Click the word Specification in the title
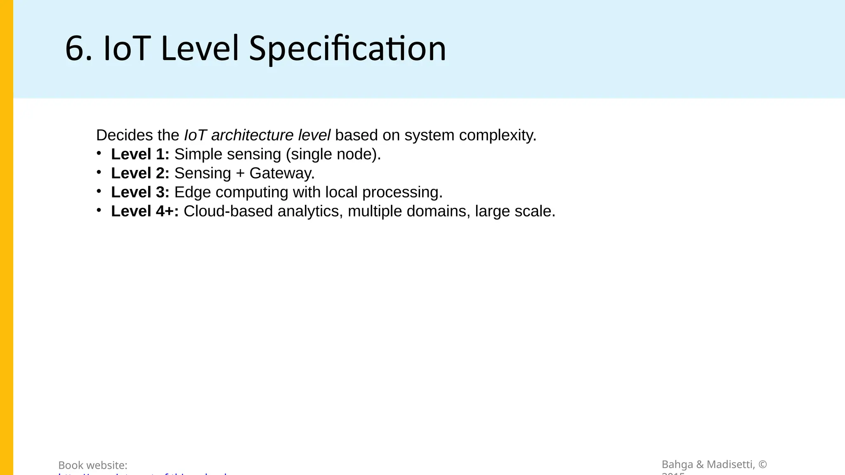click(347, 49)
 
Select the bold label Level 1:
click(140, 154)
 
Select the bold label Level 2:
click(140, 173)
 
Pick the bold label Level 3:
click(140, 192)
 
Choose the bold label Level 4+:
click(145, 211)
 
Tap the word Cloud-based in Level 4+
click(228, 211)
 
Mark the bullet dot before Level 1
click(99, 153)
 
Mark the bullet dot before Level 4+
click(99, 210)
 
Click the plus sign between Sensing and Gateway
click(240, 174)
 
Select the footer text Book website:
click(93, 465)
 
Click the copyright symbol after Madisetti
click(763, 465)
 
